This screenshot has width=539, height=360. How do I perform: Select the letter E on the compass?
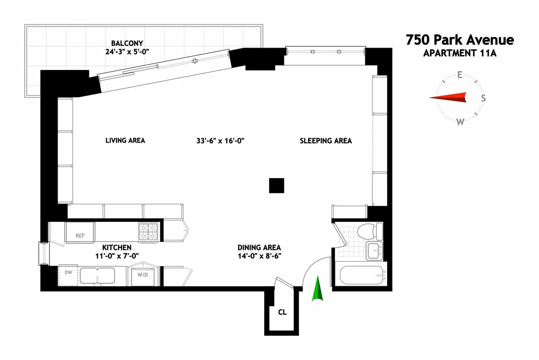pos(459,75)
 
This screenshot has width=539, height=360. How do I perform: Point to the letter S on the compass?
pos(483,98)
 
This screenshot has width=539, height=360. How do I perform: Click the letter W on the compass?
pos(460,122)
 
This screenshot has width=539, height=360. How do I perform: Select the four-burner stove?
pos(149,233)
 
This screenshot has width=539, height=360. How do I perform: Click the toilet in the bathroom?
pos(370,231)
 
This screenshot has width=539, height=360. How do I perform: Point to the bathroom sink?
pos(374,250)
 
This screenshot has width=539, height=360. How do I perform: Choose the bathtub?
pos(362,275)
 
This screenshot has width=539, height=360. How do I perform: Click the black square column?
pos(276,185)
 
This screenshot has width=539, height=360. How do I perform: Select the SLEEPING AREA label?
pos(326,141)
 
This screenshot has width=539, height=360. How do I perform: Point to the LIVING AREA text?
pos(125,140)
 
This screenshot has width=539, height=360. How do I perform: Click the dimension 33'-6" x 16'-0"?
pos(220,141)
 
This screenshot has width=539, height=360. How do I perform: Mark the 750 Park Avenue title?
pos(459,40)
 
